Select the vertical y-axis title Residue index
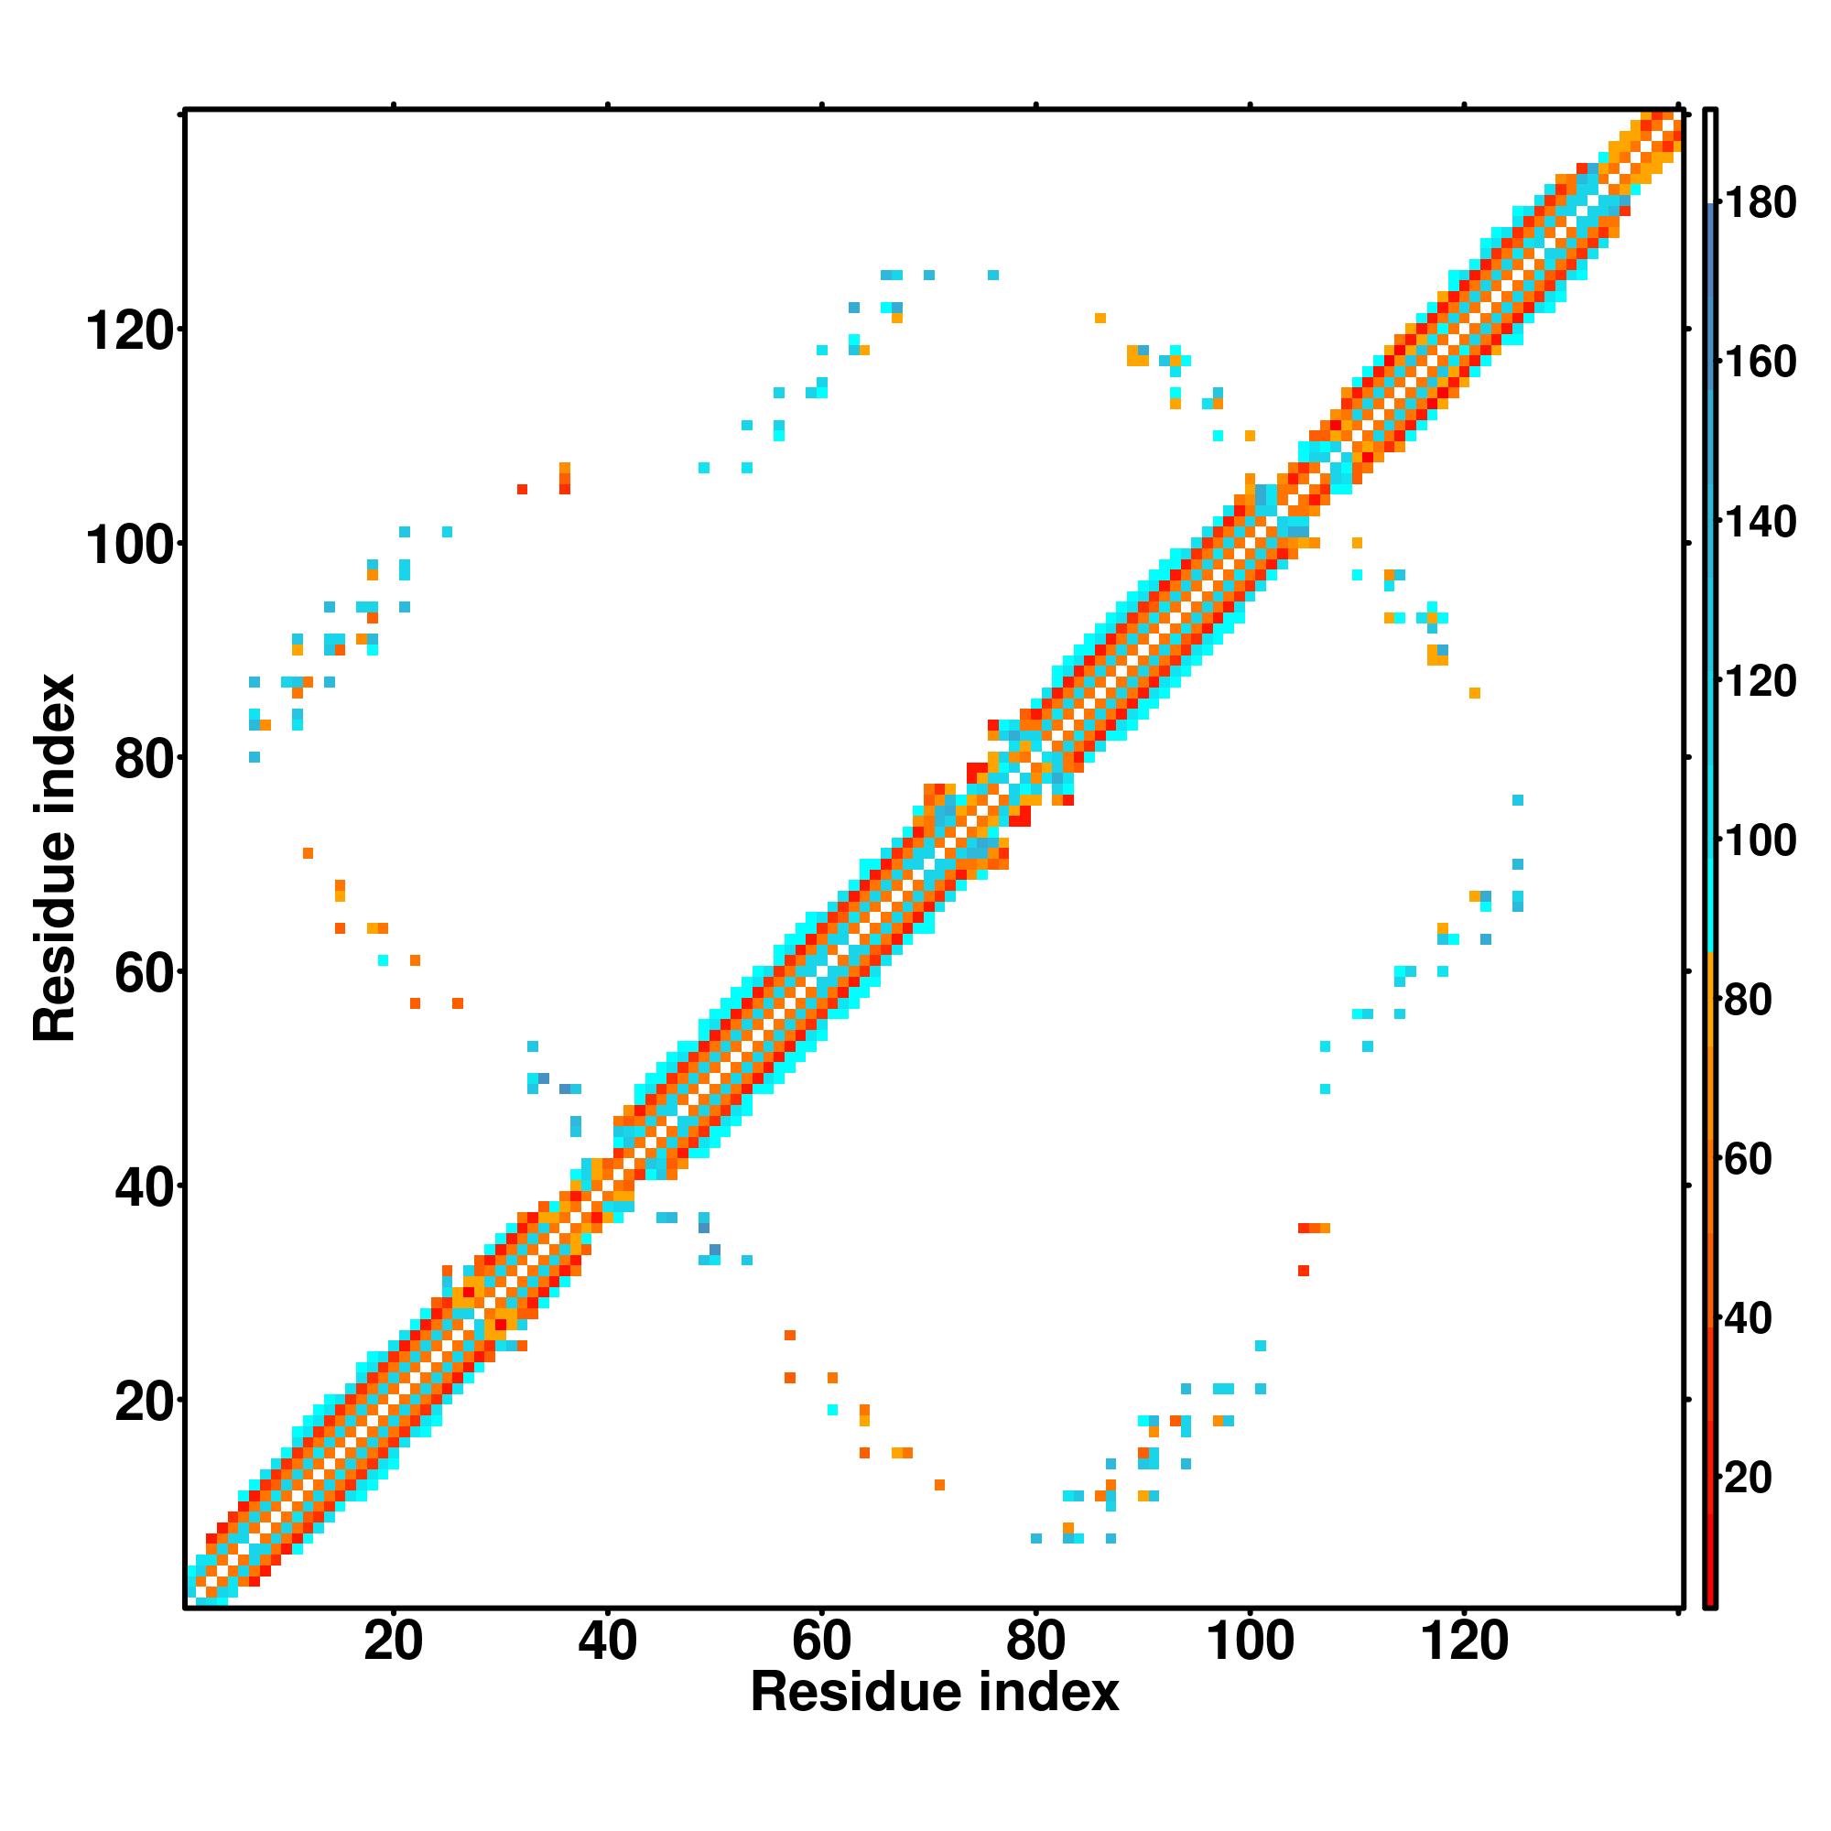pos(54,858)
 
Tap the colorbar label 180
pos(1761,203)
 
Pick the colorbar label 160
pos(1761,362)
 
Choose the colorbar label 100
pos(1761,840)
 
